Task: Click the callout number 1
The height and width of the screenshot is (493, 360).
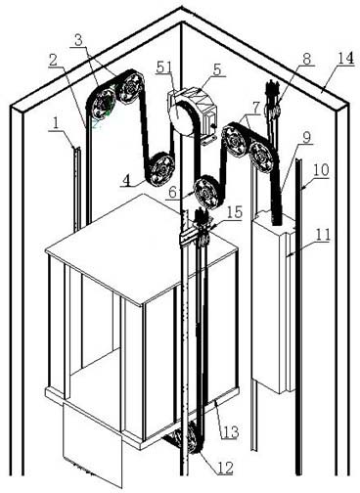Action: tap(56, 123)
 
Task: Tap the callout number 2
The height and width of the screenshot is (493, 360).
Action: tap(54, 61)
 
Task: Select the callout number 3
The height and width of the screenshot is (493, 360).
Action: tap(78, 40)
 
